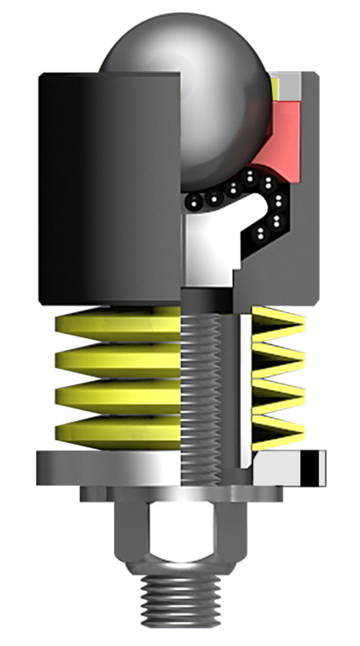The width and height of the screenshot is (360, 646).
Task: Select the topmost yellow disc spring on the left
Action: pos(116,323)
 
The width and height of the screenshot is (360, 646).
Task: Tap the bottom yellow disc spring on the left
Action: pos(116,433)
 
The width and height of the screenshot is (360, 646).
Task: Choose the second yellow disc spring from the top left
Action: pos(116,360)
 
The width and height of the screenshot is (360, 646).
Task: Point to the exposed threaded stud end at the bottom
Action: pos(181,603)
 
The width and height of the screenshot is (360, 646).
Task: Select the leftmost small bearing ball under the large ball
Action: pos(195,201)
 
